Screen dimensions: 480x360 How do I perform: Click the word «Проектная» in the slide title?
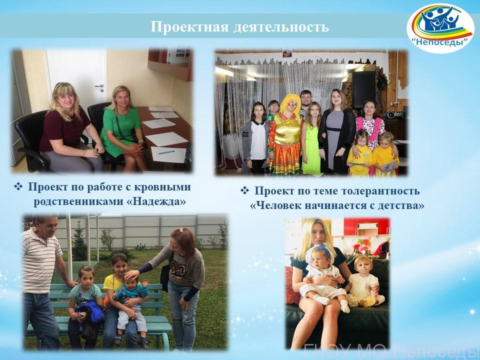coord(189,27)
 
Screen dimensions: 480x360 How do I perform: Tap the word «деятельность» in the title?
coord(281,27)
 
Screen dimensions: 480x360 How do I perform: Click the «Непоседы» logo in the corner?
coord(440,28)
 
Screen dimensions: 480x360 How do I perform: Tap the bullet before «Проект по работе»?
coord(18,186)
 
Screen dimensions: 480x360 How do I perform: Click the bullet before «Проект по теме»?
coord(244,190)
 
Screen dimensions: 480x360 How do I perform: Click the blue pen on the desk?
coord(166,152)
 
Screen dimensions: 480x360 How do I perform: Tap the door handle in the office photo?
coord(100,86)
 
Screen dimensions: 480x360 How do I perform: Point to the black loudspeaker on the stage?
coord(363,89)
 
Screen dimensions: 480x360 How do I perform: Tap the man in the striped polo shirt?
coord(41,281)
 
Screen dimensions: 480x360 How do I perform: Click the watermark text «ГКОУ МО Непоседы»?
coord(392,351)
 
